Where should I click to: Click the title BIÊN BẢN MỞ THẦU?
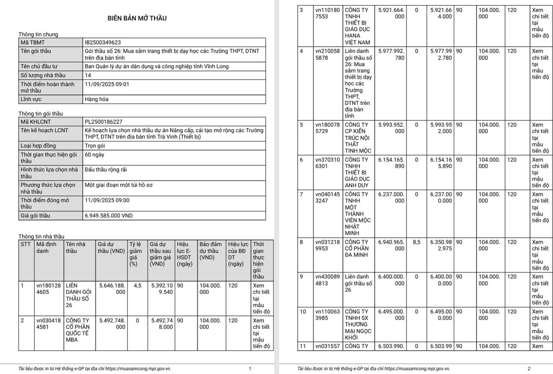(x=137, y=18)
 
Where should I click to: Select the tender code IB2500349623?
(x=103, y=42)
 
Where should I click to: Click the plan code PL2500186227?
(x=104, y=122)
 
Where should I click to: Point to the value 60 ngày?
(x=94, y=155)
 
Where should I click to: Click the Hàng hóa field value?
(x=97, y=99)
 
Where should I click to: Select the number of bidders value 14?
(x=88, y=75)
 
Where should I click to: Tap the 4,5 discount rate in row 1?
(x=137, y=286)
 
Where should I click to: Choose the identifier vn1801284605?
(x=48, y=289)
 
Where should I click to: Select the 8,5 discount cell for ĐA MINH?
(x=416, y=242)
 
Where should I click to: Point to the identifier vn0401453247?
(x=327, y=198)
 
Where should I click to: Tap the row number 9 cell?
(x=301, y=276)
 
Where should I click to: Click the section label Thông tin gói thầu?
(x=41, y=113)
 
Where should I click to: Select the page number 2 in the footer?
(x=529, y=368)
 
